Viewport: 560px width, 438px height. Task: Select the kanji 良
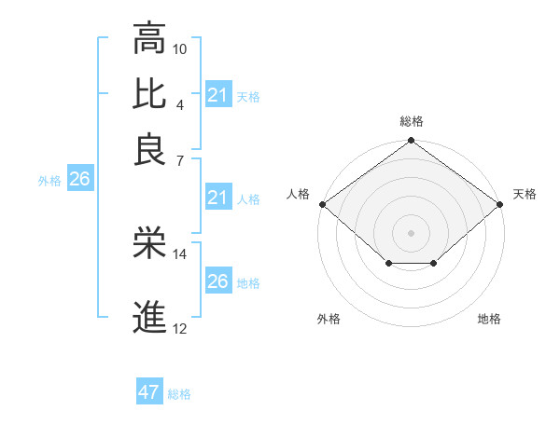(149, 149)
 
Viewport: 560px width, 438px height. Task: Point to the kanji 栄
(149, 243)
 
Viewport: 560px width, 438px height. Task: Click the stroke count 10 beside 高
(180, 48)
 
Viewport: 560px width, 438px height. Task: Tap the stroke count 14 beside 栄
(180, 253)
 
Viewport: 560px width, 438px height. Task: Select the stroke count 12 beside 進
(180, 328)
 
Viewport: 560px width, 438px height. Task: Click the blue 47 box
(149, 392)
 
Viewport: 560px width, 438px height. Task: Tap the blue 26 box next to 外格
(79, 180)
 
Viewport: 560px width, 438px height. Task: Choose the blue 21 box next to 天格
(218, 95)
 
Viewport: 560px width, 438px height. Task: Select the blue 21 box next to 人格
(218, 198)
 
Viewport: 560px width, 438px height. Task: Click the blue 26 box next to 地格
(218, 281)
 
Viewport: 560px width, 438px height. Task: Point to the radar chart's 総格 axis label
(411, 121)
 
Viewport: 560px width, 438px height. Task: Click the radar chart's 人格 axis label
(299, 194)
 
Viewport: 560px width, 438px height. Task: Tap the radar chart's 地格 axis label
(489, 320)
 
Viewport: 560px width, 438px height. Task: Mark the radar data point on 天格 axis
(501, 204)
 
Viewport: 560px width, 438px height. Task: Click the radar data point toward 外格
(388, 265)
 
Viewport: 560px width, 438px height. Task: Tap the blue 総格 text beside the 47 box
(179, 394)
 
